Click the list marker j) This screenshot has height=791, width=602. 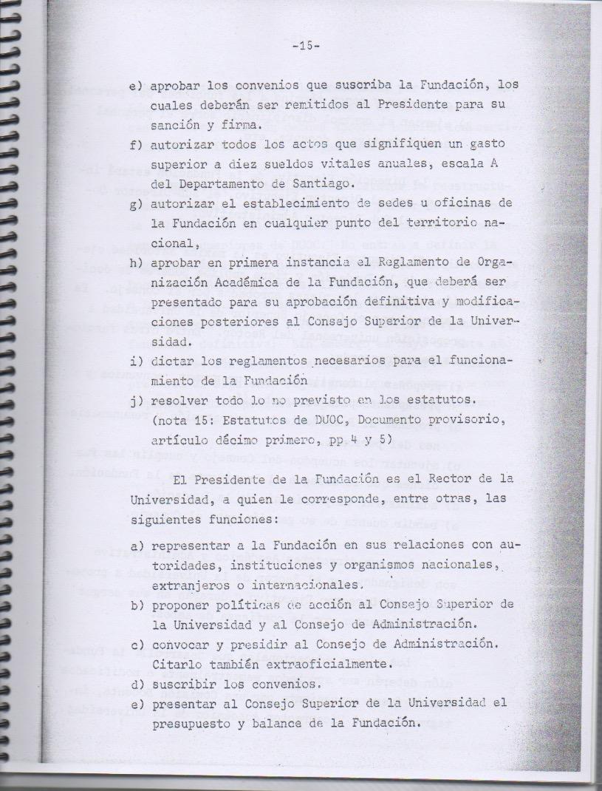click(136, 400)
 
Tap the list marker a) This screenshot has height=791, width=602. click(137, 545)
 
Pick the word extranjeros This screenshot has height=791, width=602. click(192, 585)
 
